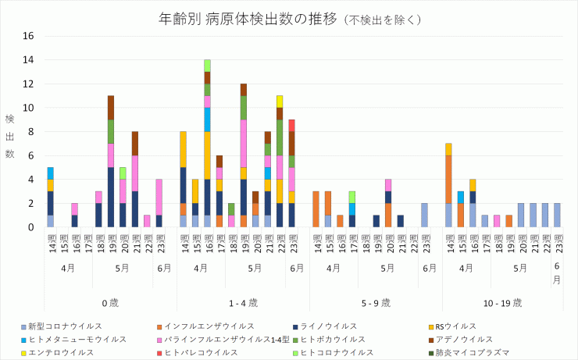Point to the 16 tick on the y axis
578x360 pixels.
[28, 36]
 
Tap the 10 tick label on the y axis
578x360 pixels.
[28, 108]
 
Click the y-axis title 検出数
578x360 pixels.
[10, 136]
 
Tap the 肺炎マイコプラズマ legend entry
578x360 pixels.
[473, 352]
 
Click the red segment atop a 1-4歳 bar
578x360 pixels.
[291, 125]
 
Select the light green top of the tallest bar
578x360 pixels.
[207, 66]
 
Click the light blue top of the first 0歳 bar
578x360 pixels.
[51, 173]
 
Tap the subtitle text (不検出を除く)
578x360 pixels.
[383, 19]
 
